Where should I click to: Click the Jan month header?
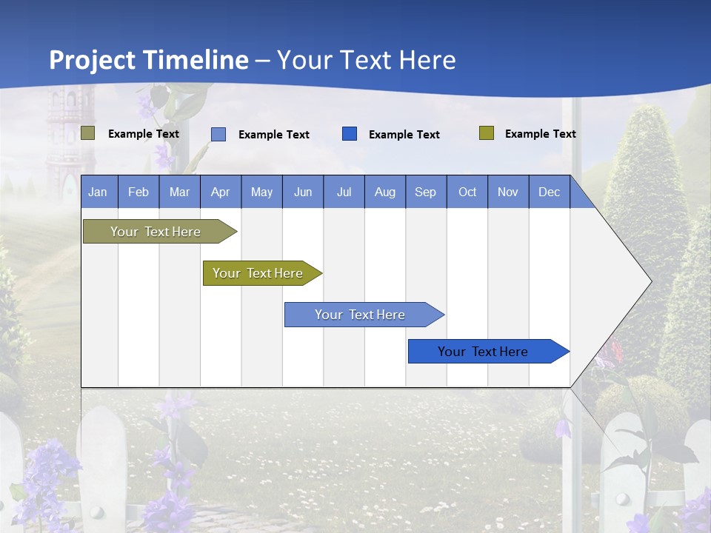pos(98,192)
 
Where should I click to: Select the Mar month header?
pos(179,192)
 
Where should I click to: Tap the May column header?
pos(261,192)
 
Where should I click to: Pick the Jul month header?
pos(344,192)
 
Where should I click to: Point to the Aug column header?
pos(384,192)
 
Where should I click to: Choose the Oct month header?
pos(467,192)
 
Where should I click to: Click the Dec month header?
pos(549,192)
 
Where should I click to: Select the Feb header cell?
pos(138,192)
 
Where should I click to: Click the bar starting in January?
pos(156,232)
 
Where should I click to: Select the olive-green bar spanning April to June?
pos(258,273)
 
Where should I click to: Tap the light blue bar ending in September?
pos(360,315)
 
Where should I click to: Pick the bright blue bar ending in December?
pos(483,352)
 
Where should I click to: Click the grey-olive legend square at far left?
pos(88,133)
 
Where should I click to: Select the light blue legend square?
pos(218,134)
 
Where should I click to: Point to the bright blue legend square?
pos(350,134)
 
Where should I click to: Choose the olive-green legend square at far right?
pos(487,133)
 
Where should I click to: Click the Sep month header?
pos(425,192)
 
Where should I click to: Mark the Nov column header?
pos(508,192)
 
